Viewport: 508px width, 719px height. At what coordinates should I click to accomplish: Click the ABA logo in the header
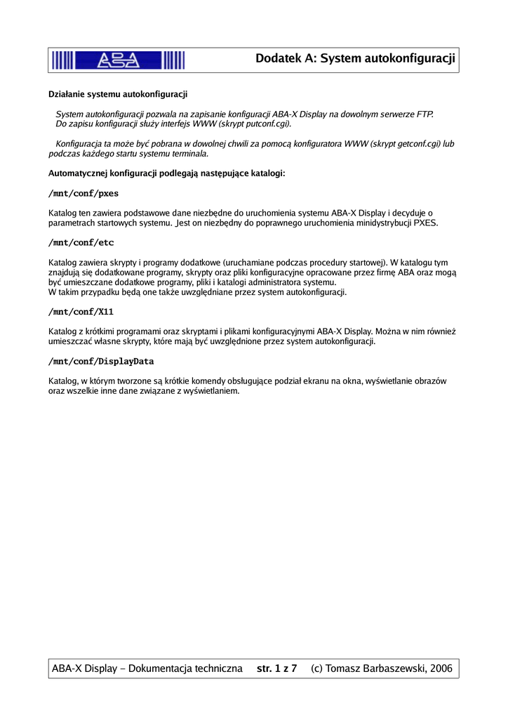pos(118,60)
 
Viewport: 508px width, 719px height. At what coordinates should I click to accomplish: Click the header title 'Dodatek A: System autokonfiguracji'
pos(356,59)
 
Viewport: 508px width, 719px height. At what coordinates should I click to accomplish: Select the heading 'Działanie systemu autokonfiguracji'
pos(117,93)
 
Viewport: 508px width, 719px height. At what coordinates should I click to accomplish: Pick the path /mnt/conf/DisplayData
pos(101,362)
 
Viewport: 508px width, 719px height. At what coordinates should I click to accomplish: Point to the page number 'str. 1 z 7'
pos(276,668)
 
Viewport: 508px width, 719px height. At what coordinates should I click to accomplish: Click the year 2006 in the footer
pos(440,668)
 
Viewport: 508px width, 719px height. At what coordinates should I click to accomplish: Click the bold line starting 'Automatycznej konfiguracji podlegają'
pos(166,173)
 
